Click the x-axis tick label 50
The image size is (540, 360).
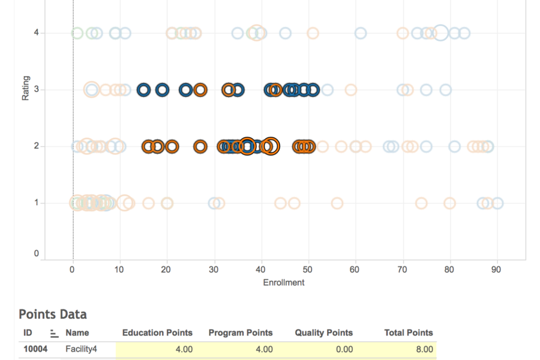pos(308,270)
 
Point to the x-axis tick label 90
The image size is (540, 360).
pos(496,270)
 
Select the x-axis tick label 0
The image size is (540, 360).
pos(73,270)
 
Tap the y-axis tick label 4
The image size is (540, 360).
pos(37,33)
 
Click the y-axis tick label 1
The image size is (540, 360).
pos(37,203)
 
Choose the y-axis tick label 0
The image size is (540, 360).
pos(37,254)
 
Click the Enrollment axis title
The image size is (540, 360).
pos(284,283)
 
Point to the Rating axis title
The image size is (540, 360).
pos(26,88)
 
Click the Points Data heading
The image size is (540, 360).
pos(53,314)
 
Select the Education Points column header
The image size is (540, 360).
pos(157,332)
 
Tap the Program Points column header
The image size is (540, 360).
pos(241,332)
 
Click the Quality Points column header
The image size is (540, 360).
pos(324,332)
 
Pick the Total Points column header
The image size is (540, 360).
pos(408,332)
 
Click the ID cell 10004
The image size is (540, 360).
pos(35,349)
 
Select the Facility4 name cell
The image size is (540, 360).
pos(81,349)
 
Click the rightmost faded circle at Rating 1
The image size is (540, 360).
pos(497,203)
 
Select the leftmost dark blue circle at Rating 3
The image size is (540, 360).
pos(143,90)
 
